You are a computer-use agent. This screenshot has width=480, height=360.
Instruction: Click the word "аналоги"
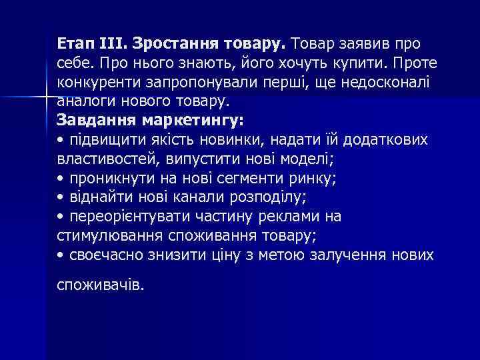83,101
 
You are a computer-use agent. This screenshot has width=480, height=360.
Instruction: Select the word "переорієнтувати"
127,217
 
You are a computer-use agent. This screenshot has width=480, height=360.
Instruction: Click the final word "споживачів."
100,285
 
